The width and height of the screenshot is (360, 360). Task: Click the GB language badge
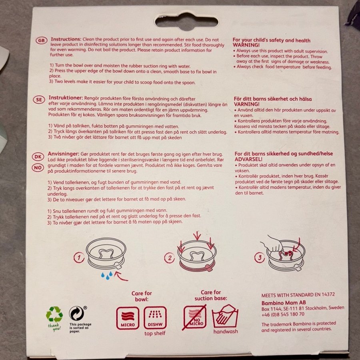[42, 41]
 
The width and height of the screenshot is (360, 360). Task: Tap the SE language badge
[39, 100]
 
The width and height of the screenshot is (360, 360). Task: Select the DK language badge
[38, 157]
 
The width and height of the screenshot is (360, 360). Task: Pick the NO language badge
[38, 168]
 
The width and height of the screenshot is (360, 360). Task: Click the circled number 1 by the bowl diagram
[79, 258]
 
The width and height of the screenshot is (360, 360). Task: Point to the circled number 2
[170, 258]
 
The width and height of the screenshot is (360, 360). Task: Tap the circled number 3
[260, 258]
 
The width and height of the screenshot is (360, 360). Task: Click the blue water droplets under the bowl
[107, 275]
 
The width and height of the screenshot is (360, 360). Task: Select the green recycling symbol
[54, 314]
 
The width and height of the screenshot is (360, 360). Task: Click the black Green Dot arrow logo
[77, 313]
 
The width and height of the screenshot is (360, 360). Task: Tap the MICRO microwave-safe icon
[128, 318]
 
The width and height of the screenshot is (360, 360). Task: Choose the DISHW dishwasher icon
[155, 318]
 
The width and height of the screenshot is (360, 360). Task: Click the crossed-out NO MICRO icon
[195, 317]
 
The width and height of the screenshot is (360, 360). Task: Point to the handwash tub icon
[225, 316]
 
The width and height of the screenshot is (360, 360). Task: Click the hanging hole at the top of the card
[186, 22]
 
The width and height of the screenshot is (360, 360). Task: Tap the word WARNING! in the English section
[246, 45]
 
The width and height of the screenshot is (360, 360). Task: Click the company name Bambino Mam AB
[284, 303]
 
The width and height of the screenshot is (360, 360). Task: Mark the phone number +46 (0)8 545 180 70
[283, 314]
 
